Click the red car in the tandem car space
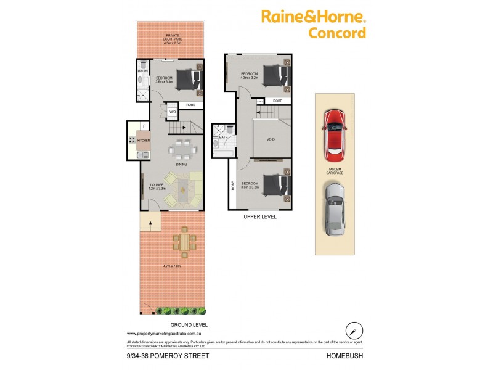pos(335,132)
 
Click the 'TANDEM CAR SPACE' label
pos(335,171)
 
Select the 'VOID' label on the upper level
pos(271,139)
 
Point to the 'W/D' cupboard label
pos(173,112)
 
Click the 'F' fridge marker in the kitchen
pos(144,126)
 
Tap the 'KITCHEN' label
pos(144,141)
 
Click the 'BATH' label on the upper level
pos(223,137)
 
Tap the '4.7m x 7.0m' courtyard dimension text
pos(172,266)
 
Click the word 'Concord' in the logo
pos(336,33)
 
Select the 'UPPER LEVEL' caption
pos(259,217)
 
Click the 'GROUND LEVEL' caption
pos(189,324)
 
